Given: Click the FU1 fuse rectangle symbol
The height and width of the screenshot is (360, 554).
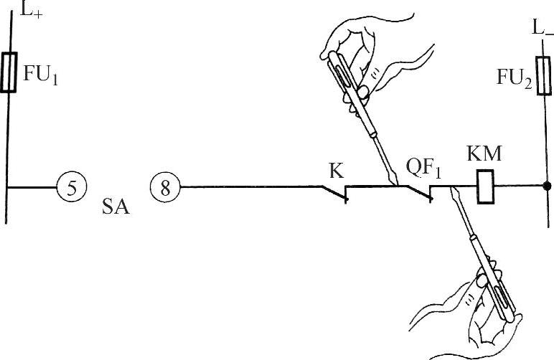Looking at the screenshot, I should coord(9,72).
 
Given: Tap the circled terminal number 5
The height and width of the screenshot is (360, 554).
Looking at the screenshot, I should coord(72,187).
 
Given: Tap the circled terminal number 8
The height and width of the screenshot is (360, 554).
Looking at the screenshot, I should coord(165,188).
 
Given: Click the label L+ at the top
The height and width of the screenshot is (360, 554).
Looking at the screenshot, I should coord(29,10).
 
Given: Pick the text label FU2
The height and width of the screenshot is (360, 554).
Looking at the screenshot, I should coord(515,77).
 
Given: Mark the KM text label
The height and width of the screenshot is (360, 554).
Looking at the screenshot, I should coord(484,153).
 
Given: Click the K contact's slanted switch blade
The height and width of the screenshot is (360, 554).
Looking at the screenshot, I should coord(334,193).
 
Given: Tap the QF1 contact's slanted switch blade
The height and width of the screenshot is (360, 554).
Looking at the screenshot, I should coord(418,193).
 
